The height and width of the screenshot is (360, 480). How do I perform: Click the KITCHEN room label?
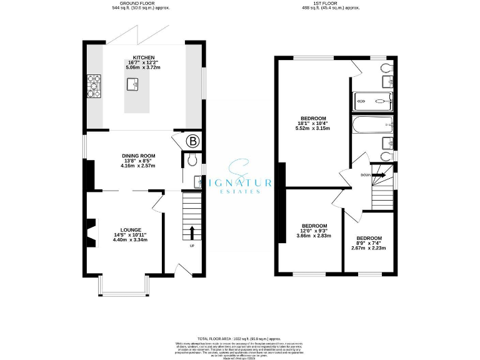pyautogui.click(x=144, y=57)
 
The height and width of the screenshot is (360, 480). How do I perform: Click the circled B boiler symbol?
pyautogui.click(x=192, y=141)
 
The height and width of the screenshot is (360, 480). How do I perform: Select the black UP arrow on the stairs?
pyautogui.click(x=192, y=232)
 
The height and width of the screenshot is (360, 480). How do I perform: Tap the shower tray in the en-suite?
pyautogui.click(x=372, y=101)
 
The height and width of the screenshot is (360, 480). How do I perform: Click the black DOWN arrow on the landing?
pyautogui.click(x=379, y=176)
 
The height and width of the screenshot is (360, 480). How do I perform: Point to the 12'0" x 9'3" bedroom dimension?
pyautogui.click(x=314, y=231)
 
